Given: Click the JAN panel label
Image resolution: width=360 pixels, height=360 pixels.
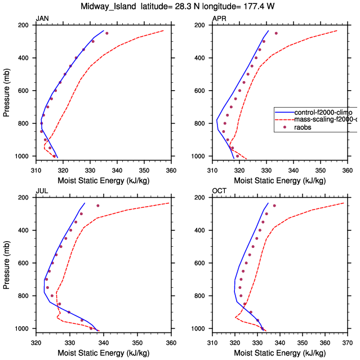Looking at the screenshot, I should (42, 19).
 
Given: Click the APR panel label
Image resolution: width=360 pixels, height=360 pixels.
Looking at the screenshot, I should (219, 19).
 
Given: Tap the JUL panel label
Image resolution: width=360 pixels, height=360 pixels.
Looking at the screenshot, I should (42, 191).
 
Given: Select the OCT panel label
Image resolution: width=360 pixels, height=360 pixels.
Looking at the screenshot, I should (219, 191).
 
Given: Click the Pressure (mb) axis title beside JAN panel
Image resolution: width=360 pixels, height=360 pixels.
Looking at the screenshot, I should (7, 91).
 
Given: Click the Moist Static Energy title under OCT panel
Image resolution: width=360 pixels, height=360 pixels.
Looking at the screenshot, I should (279, 353).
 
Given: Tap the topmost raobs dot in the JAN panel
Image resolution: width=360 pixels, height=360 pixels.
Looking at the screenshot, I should (107, 33).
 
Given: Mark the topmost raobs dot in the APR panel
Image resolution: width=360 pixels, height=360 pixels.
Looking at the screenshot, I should (276, 33).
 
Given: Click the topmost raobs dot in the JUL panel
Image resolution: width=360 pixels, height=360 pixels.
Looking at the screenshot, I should (98, 206).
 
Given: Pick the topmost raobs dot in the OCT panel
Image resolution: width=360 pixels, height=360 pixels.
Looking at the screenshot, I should (274, 206).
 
